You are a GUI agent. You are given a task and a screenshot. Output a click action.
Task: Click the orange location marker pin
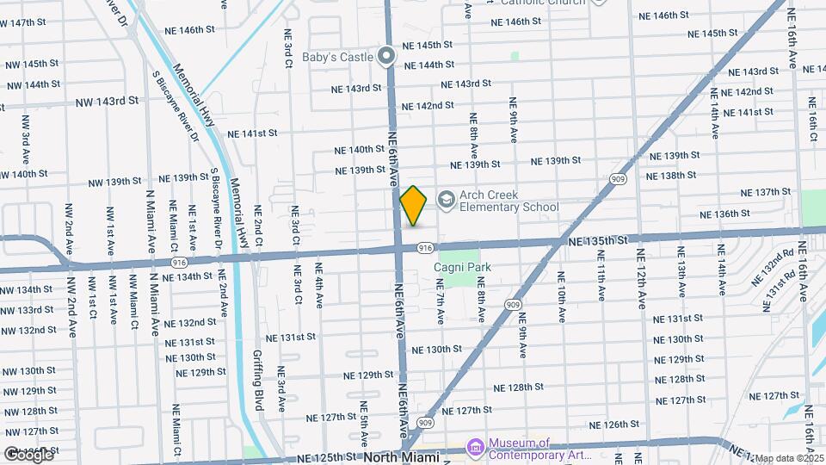pyautogui.click(x=414, y=206)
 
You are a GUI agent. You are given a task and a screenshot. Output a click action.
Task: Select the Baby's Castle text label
pyautogui.click(x=337, y=58)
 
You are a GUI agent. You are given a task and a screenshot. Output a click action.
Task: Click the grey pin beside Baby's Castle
pyautogui.click(x=387, y=57)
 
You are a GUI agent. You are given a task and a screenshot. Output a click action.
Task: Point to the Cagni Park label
pyautogui.click(x=463, y=268)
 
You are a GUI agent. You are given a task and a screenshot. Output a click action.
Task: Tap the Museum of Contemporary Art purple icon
pyautogui.click(x=475, y=448)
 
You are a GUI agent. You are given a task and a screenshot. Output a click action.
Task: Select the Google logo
pyautogui.click(x=28, y=455)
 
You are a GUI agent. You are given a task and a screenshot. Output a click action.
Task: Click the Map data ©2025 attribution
pyautogui.click(x=789, y=459)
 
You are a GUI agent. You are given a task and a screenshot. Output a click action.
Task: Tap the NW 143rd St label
pyautogui.click(x=107, y=101)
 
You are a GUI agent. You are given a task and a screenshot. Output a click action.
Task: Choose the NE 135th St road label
pyautogui.click(x=600, y=244)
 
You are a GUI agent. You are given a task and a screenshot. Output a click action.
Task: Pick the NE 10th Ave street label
pyautogui.click(x=561, y=297)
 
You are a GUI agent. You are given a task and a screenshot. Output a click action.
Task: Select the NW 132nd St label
pyautogui.click(x=28, y=330)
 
